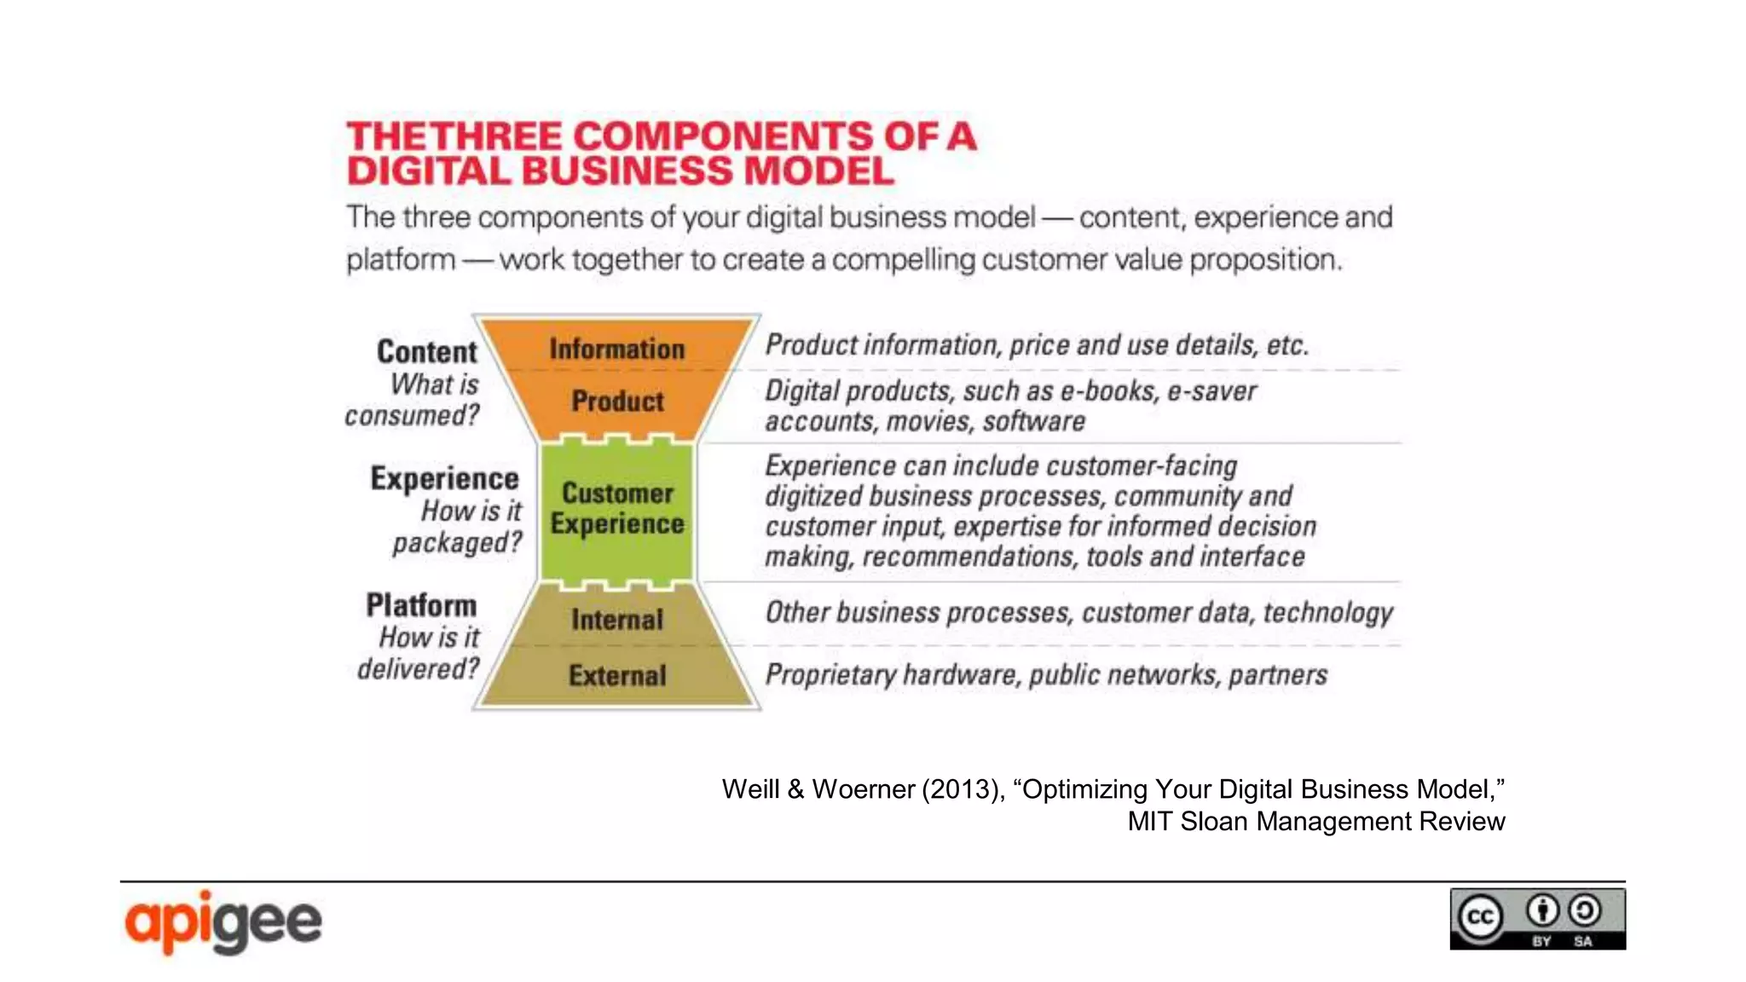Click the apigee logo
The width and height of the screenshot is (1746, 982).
[x=223, y=922]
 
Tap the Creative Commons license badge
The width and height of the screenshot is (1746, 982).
[x=1537, y=919]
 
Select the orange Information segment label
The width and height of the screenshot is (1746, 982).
[x=617, y=349]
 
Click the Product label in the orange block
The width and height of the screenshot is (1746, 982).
[x=617, y=401]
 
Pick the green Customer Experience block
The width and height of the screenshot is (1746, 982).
[x=617, y=509]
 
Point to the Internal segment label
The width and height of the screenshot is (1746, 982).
[x=617, y=620]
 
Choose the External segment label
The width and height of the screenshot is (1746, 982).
[x=617, y=676]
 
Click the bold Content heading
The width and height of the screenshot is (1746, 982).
[x=427, y=352]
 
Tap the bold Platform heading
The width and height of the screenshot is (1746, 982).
[x=421, y=605]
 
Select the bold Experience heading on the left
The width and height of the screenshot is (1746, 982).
[x=444, y=478]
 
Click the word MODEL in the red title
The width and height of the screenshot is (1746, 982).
[x=818, y=170]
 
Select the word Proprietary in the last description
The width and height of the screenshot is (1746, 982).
[x=830, y=675]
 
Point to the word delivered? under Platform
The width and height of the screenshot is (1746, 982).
[x=419, y=669]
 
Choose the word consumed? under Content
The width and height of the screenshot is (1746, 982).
[x=412, y=416]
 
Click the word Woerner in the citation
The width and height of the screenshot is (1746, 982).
[x=863, y=789]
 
